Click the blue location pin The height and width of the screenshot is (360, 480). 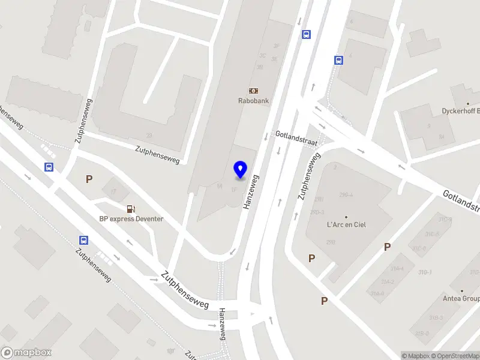pos(240,170)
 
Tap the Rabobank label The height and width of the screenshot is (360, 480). pos(253,101)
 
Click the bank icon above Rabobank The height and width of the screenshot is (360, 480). pos(253,91)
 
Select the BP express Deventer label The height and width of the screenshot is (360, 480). pos(131,219)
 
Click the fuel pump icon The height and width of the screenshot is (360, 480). pos(131,208)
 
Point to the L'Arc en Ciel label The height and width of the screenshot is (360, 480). pos(346,225)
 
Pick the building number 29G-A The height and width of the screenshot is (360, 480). pos(346,195)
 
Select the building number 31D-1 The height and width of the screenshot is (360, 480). pos(425,272)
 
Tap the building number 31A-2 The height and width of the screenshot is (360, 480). pos(388,281)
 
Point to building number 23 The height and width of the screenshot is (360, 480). pos(149,136)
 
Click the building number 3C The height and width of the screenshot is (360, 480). pos(262,56)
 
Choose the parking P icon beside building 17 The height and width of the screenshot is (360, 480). pos(89,179)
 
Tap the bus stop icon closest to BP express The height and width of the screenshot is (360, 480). pos(83,240)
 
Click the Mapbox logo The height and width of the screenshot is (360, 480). pos(26,353)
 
